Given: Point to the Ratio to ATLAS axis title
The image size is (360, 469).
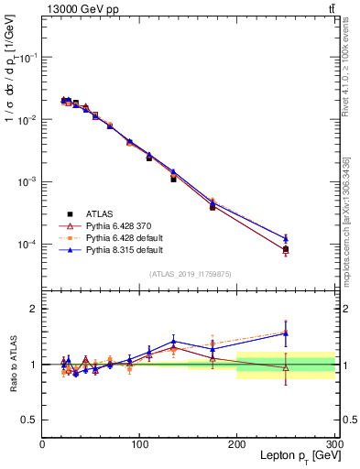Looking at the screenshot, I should [x=13, y=365].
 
